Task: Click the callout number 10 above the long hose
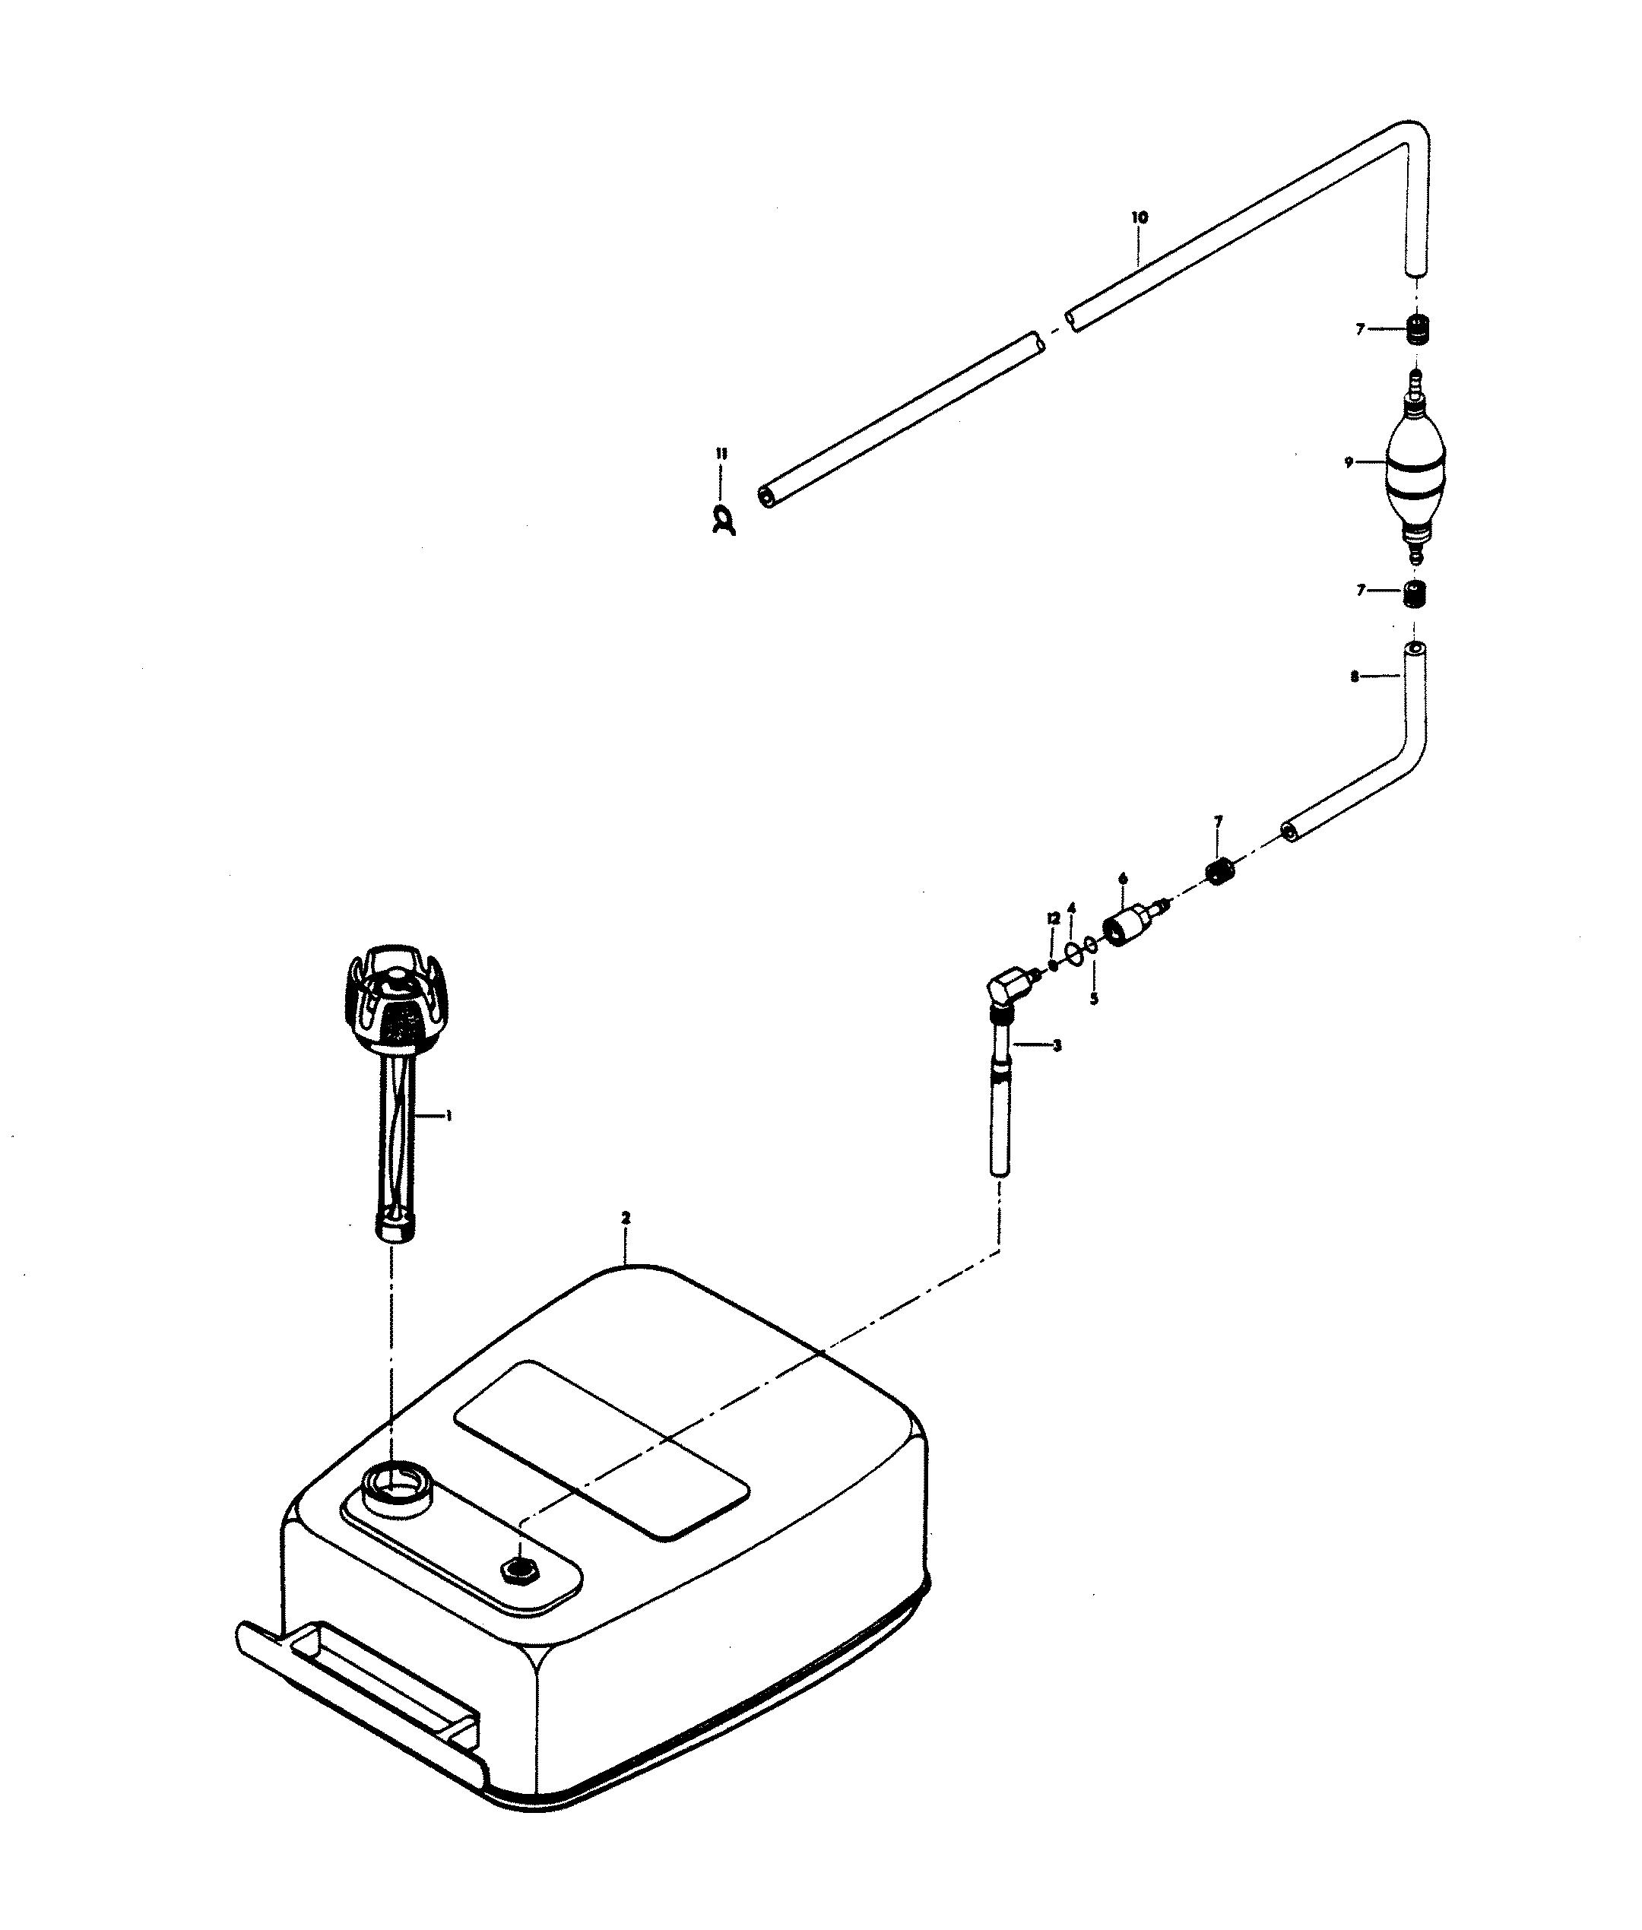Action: click(x=1140, y=217)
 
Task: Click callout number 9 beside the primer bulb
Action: click(x=1349, y=462)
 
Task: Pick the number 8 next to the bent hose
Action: click(x=1355, y=677)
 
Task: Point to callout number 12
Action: click(x=1054, y=917)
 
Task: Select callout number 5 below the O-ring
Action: click(x=1094, y=999)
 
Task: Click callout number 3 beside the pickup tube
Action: click(x=1057, y=1045)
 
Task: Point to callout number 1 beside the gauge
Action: click(x=449, y=1115)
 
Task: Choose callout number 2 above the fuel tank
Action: click(x=626, y=1217)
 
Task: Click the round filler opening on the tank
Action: click(x=398, y=1503)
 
